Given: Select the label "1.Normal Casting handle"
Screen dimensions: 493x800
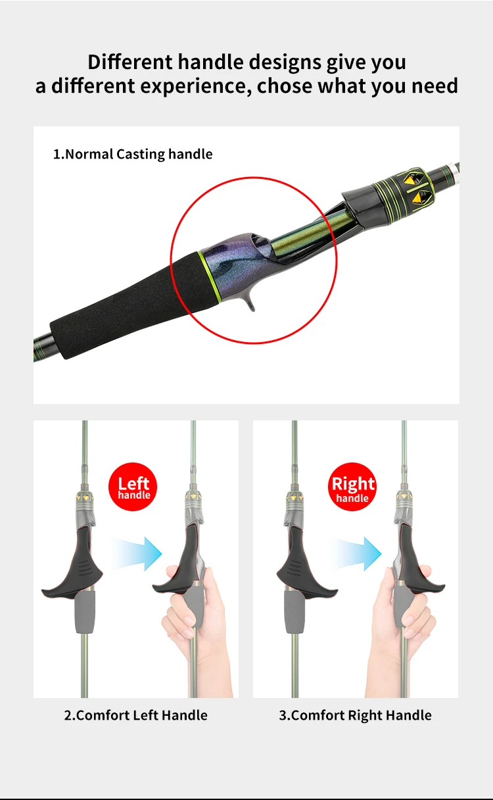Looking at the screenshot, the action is coord(133,155).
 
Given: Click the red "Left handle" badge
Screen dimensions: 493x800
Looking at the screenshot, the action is coord(133,486).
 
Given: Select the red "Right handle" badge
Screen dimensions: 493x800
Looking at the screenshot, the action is coord(352,486).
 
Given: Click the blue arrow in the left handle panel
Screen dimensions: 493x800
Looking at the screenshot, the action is coord(137,553).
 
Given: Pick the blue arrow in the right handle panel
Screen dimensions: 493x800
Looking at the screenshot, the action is coord(357,553).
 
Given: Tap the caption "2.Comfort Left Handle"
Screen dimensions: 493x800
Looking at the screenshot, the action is coord(135,715).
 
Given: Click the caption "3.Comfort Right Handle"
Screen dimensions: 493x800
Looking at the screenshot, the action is coord(356,715).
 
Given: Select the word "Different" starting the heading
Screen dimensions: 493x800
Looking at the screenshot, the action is coord(130,63).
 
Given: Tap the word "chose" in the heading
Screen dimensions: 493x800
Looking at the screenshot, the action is coord(285,86).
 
